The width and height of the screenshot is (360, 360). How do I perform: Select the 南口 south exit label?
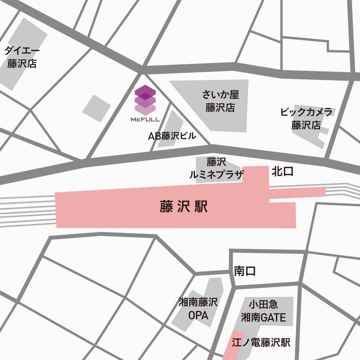coord(245,271)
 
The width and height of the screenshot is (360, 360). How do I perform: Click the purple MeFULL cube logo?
coord(145,100)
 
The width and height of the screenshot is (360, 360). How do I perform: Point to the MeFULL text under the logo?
coord(145,120)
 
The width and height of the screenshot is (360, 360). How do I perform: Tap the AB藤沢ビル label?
coord(172,136)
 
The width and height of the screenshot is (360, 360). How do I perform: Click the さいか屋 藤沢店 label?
coord(221,102)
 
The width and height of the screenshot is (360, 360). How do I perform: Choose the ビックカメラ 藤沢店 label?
coord(306,118)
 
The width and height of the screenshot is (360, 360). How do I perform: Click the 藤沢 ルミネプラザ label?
coord(216,168)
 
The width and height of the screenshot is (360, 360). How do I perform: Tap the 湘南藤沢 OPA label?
coord(198,310)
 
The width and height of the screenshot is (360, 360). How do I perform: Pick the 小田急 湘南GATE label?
coord(263,312)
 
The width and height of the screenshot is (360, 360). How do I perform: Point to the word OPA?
coord(198,316)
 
